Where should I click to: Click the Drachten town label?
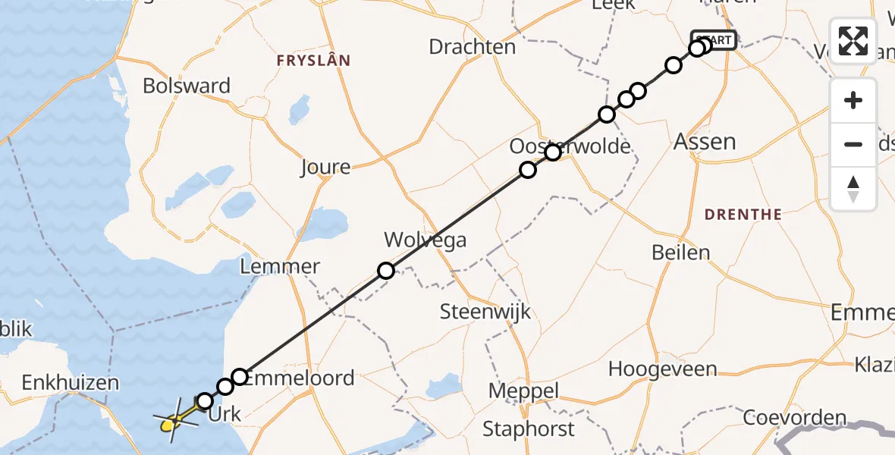(472, 47)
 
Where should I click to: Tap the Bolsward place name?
(187, 86)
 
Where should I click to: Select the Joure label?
(325, 167)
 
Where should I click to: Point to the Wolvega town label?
(425, 240)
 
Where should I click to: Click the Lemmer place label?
(279, 267)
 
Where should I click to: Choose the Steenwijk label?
(485, 312)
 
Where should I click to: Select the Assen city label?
(705, 142)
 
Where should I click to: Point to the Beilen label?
(681, 253)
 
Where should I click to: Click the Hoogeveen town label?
(663, 369)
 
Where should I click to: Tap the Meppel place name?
(524, 391)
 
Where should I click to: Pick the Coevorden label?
(795, 418)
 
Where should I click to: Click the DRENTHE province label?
(743, 215)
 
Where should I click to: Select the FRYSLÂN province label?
(313, 61)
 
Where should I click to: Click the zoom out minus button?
(853, 144)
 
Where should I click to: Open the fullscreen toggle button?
(853, 41)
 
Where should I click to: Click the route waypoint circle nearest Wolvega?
(386, 271)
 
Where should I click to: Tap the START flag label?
(714, 39)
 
